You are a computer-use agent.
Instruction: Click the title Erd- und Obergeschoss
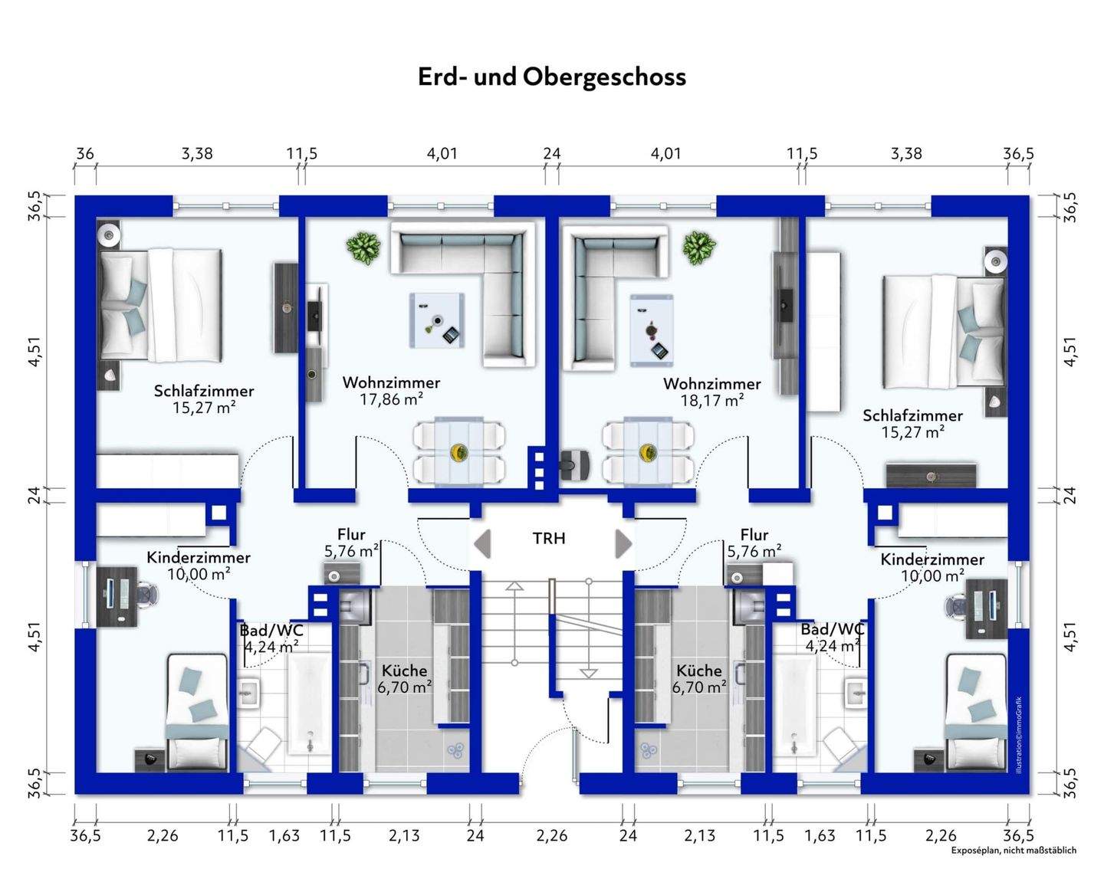(x=552, y=77)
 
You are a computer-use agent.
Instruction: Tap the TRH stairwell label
(x=549, y=539)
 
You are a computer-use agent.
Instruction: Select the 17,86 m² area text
(x=391, y=398)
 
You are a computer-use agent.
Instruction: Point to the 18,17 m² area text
(x=712, y=400)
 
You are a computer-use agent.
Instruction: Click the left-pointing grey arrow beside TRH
(x=482, y=544)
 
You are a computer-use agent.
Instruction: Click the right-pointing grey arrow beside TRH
(x=624, y=544)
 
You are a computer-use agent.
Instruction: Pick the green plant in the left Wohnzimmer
(x=363, y=246)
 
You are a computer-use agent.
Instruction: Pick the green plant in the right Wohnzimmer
(x=699, y=248)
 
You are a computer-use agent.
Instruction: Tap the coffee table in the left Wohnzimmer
(x=437, y=320)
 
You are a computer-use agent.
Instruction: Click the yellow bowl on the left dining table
(x=458, y=452)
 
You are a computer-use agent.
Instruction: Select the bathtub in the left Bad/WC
(x=310, y=704)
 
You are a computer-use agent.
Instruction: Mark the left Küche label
(x=404, y=671)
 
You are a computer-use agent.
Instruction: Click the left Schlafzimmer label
(x=204, y=391)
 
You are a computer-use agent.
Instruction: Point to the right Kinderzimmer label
(x=932, y=559)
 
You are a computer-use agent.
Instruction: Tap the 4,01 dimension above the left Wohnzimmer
(x=442, y=154)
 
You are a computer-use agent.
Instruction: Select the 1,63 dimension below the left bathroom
(x=284, y=835)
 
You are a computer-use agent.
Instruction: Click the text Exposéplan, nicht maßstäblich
(x=1014, y=851)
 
